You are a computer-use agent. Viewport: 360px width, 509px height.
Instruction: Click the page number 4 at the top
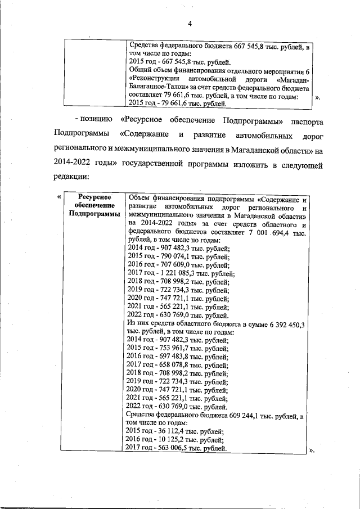pos(190,23)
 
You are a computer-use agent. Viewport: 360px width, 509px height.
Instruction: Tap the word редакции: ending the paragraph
pos(72,176)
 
